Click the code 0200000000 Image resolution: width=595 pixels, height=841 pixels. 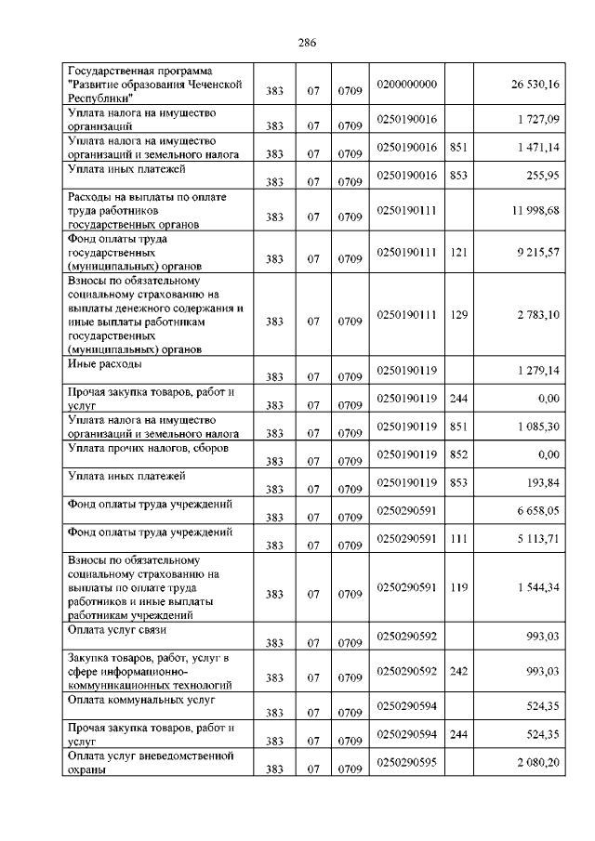click(407, 85)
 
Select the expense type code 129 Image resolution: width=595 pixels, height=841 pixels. click(457, 315)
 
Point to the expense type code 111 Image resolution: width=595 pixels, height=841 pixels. click(457, 538)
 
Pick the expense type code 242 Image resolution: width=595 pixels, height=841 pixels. click(457, 671)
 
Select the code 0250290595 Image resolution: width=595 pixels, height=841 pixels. click(407, 762)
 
